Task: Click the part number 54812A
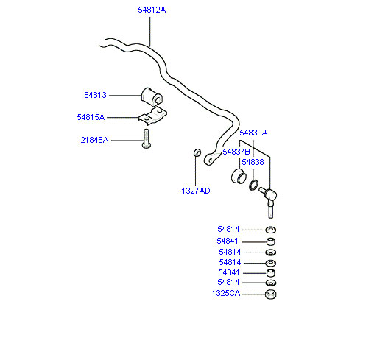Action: coord(152,10)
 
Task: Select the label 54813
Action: coord(95,95)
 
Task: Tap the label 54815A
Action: coord(91,117)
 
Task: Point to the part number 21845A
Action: coord(94,140)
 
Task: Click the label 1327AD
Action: coord(196,191)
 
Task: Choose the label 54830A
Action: coord(253,133)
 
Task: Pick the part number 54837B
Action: coord(236,152)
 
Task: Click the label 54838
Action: coord(253,162)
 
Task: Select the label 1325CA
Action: coord(226,293)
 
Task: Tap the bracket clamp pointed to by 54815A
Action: coord(152,116)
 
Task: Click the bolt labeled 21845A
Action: coord(147,139)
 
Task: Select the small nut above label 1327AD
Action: coord(197,152)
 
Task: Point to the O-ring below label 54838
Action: coord(253,185)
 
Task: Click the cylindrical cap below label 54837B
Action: coord(239,176)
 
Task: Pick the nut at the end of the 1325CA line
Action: coord(271,294)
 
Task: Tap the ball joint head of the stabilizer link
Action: coord(271,195)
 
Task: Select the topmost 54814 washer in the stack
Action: coord(271,230)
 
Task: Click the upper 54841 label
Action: coord(228,241)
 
